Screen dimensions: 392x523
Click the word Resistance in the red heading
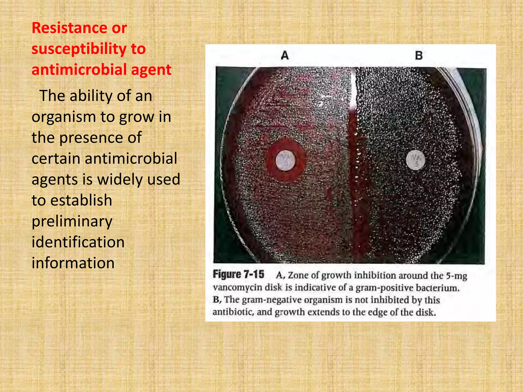[69, 28]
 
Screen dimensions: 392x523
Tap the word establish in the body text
[81, 200]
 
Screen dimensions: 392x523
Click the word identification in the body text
[78, 242]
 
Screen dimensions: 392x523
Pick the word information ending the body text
[73, 263]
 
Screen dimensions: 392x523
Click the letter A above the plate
[285, 55]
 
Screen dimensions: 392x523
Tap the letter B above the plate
[419, 55]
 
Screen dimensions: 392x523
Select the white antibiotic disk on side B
[415, 160]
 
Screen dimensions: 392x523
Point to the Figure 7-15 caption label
[239, 274]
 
